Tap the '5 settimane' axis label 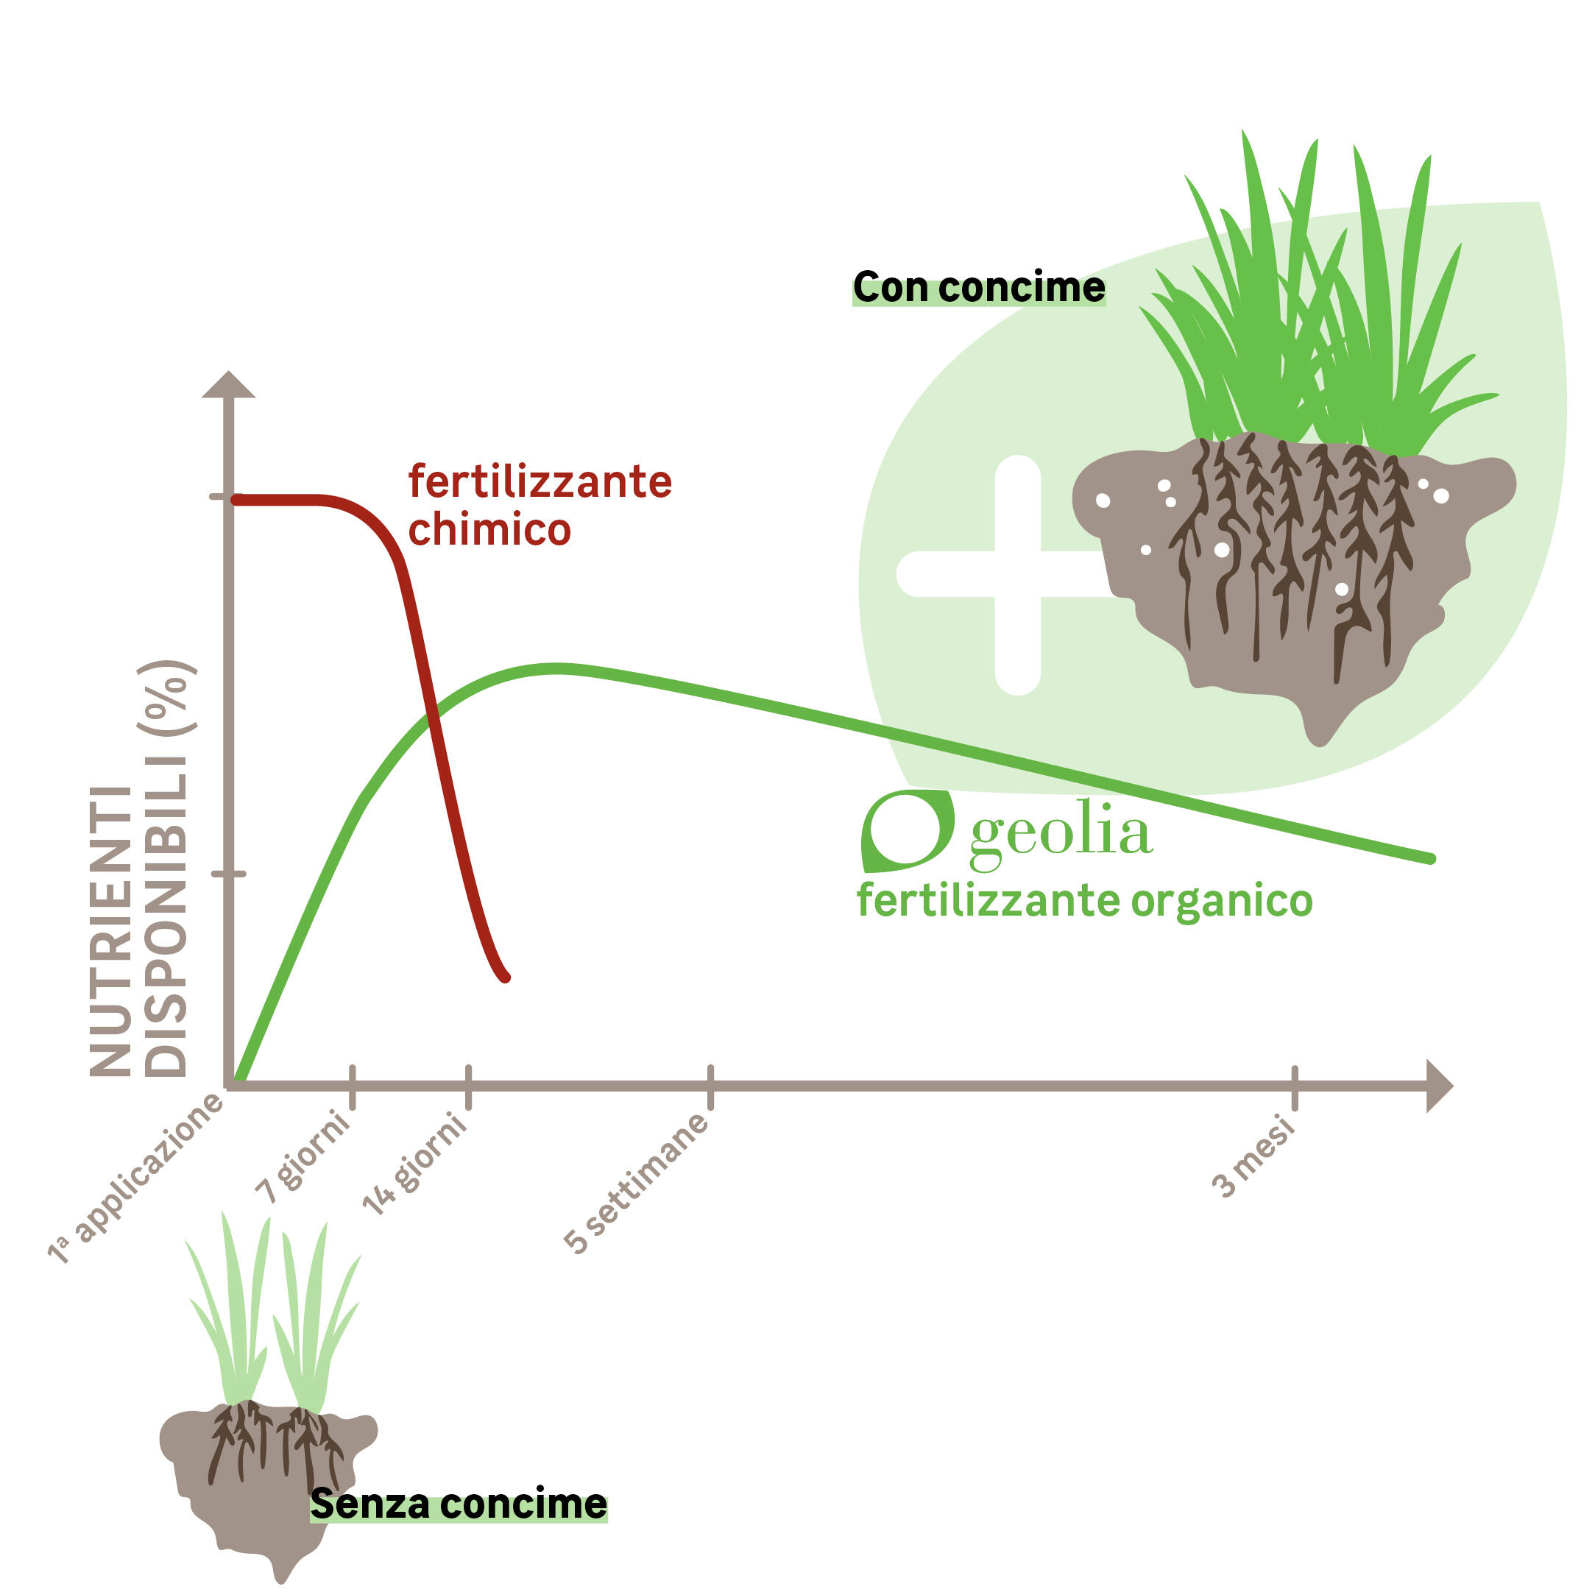pyautogui.click(x=636, y=1182)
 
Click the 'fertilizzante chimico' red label pyautogui.click(x=540, y=504)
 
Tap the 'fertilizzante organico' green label pyautogui.click(x=1085, y=900)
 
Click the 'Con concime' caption pyautogui.click(x=979, y=287)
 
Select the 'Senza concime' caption pyautogui.click(x=459, y=1504)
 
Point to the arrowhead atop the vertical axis pyautogui.click(x=229, y=385)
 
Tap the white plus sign pyautogui.click(x=1017, y=574)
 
